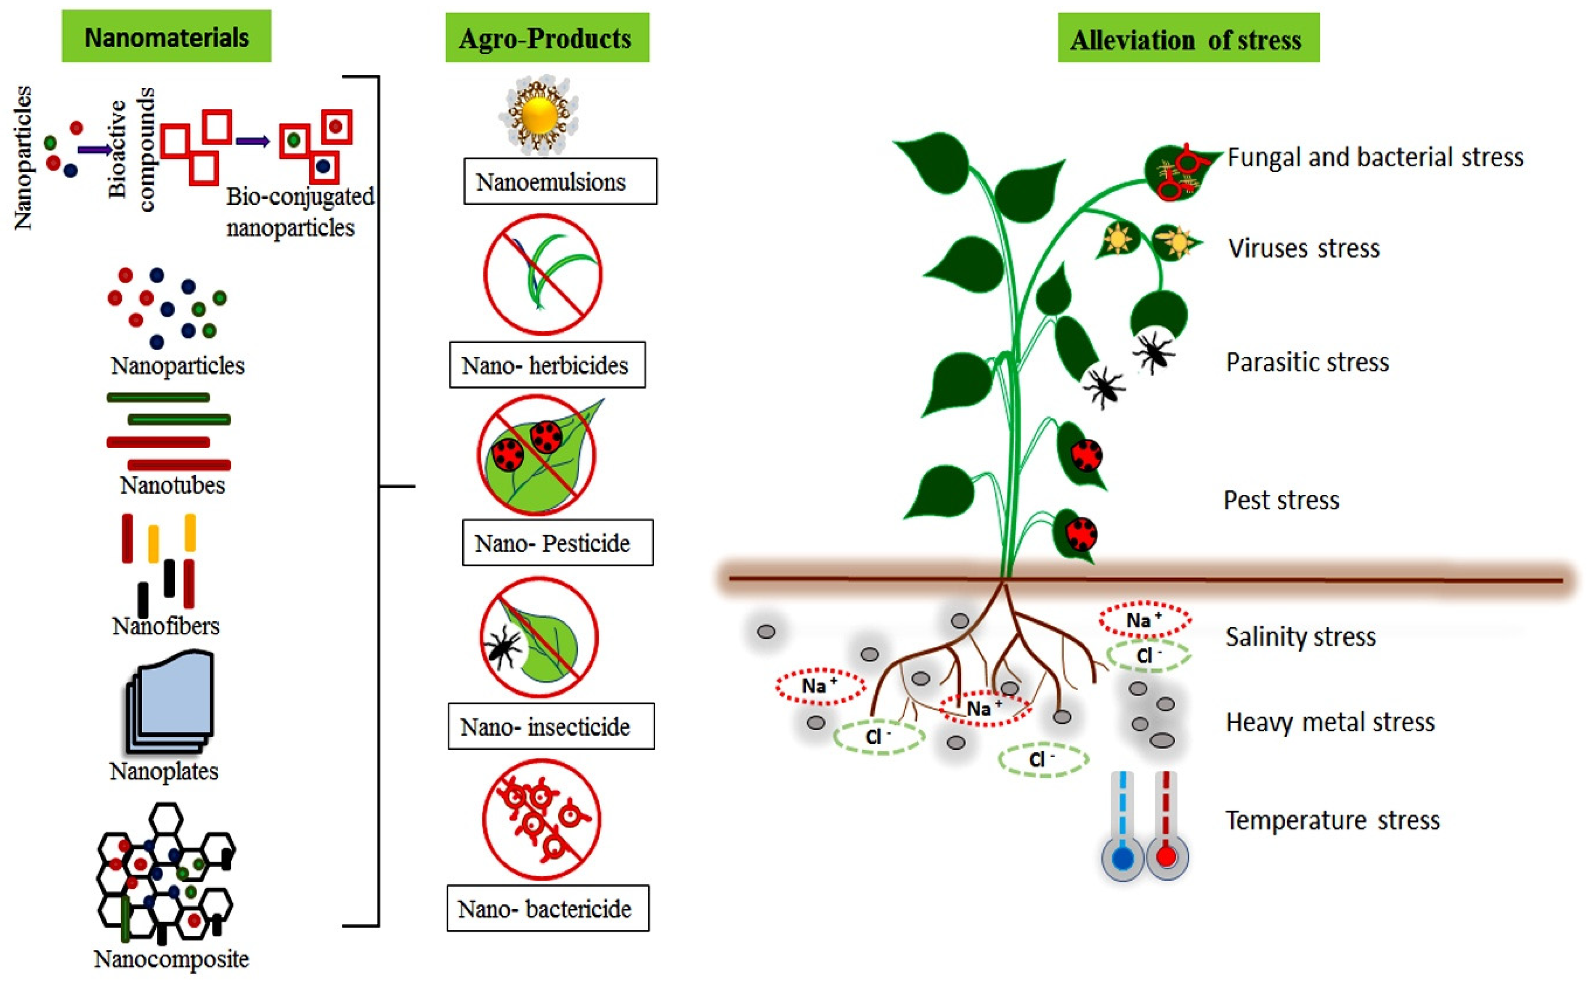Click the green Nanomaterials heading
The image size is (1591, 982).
166,37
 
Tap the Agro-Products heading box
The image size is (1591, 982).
547,38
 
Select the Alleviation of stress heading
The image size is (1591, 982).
1188,39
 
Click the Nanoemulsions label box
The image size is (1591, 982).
560,181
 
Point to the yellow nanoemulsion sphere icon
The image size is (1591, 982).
539,116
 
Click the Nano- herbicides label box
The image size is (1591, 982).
547,365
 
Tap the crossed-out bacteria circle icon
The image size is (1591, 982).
541,820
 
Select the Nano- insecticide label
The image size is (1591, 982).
550,726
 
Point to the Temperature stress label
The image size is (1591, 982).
1333,820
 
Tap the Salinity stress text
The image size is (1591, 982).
1300,637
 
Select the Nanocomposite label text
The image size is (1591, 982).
171,958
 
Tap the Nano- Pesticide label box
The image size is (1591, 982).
557,543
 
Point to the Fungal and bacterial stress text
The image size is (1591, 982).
1375,157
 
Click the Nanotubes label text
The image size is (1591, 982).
172,485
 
